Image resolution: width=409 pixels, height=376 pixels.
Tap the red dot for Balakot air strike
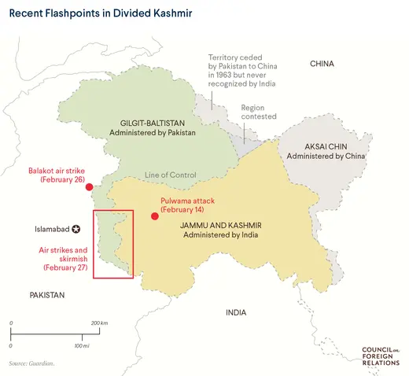coord(89,187)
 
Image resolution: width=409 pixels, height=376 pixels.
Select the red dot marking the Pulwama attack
coord(154,216)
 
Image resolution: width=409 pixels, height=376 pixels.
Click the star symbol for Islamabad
coord(76,230)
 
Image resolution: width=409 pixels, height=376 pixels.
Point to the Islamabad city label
coord(52,230)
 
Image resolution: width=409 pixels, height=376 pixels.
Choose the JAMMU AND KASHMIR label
coord(220,230)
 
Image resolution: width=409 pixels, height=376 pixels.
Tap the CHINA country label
coord(322,64)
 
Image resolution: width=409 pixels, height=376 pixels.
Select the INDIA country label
coord(236,312)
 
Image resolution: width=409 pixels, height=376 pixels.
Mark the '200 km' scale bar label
coord(99,323)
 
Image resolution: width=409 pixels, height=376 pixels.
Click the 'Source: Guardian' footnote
coord(32,363)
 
